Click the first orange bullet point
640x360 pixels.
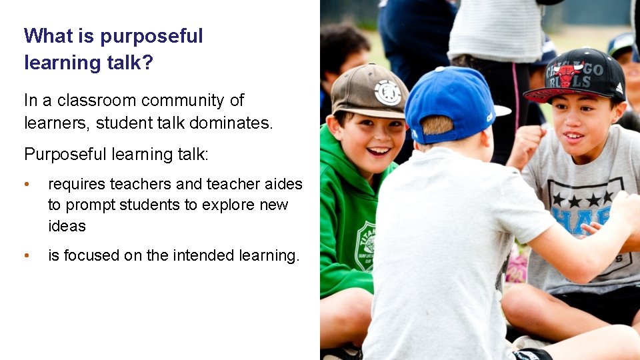[x=26, y=185]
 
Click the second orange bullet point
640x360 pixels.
[x=26, y=256]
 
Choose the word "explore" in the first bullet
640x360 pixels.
[x=230, y=205]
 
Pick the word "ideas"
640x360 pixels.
[x=67, y=226]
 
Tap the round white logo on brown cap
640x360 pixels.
[x=388, y=93]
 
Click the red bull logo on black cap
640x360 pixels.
[x=567, y=74]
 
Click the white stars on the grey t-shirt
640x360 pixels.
[x=582, y=199]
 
